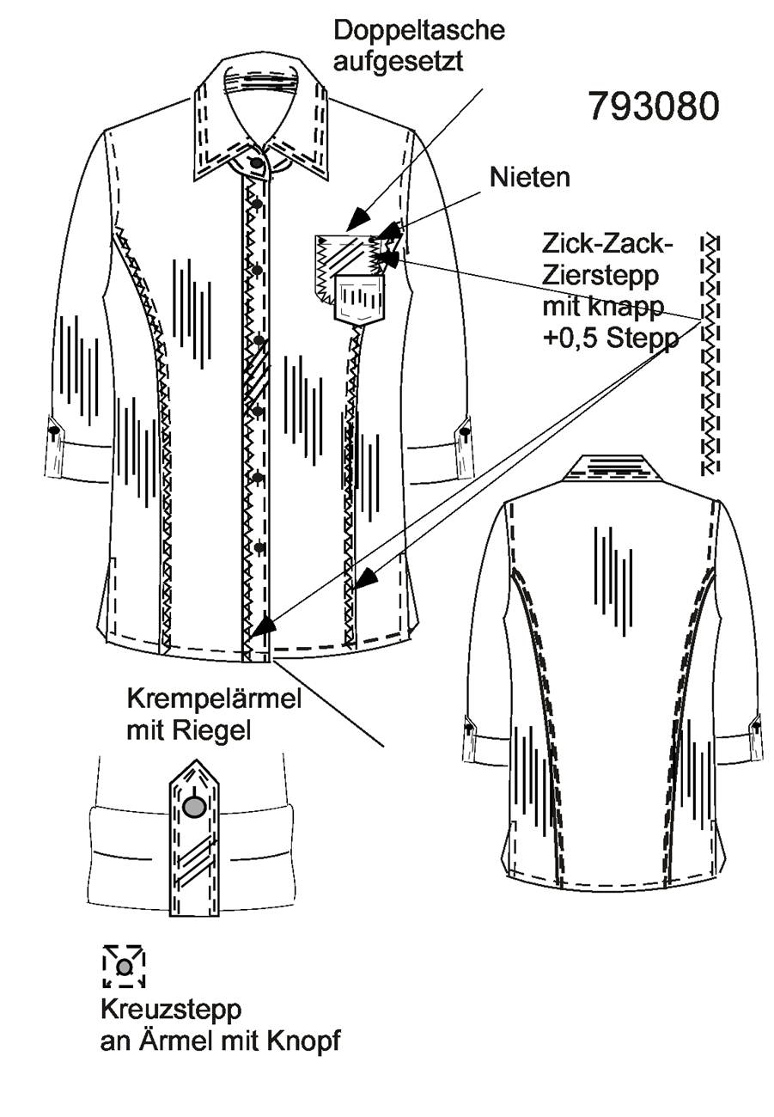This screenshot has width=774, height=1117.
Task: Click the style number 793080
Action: tap(654, 107)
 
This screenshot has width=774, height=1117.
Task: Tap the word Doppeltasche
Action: tap(419, 31)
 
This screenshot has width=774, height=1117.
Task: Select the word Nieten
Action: tap(530, 178)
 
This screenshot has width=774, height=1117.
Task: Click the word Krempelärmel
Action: tap(215, 699)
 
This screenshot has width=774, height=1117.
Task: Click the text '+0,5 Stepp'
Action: tap(611, 339)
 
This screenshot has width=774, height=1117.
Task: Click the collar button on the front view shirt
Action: tap(256, 162)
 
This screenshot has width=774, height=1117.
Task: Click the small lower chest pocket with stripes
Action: tap(359, 300)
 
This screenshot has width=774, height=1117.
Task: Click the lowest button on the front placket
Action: tap(259, 547)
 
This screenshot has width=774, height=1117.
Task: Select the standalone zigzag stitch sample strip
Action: tap(710, 355)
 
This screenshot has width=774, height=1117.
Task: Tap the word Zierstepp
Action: tap(600, 276)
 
